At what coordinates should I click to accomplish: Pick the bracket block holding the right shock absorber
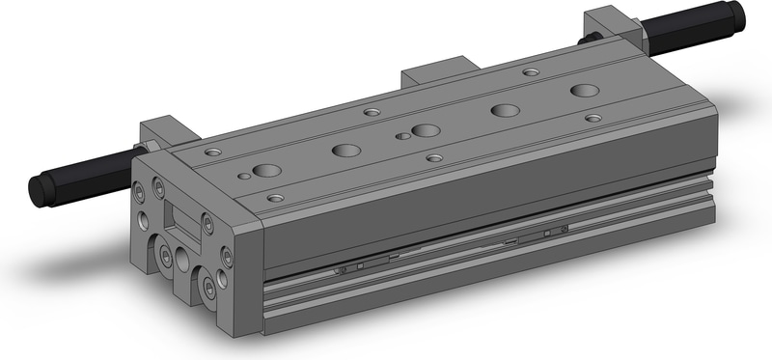tap(610, 22)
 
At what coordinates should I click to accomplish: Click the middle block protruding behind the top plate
tap(440, 75)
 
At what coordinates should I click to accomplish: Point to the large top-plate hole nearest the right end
tap(584, 91)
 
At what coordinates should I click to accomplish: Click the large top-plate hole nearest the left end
tap(266, 171)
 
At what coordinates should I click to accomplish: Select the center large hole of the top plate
tap(426, 130)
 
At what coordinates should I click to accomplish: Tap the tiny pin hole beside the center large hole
tap(401, 136)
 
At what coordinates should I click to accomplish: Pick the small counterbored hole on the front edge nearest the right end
tap(593, 118)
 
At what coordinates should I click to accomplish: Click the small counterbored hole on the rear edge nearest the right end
tap(530, 71)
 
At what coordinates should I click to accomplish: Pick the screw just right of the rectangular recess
tap(207, 225)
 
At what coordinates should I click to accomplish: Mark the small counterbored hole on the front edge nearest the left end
tap(276, 197)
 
